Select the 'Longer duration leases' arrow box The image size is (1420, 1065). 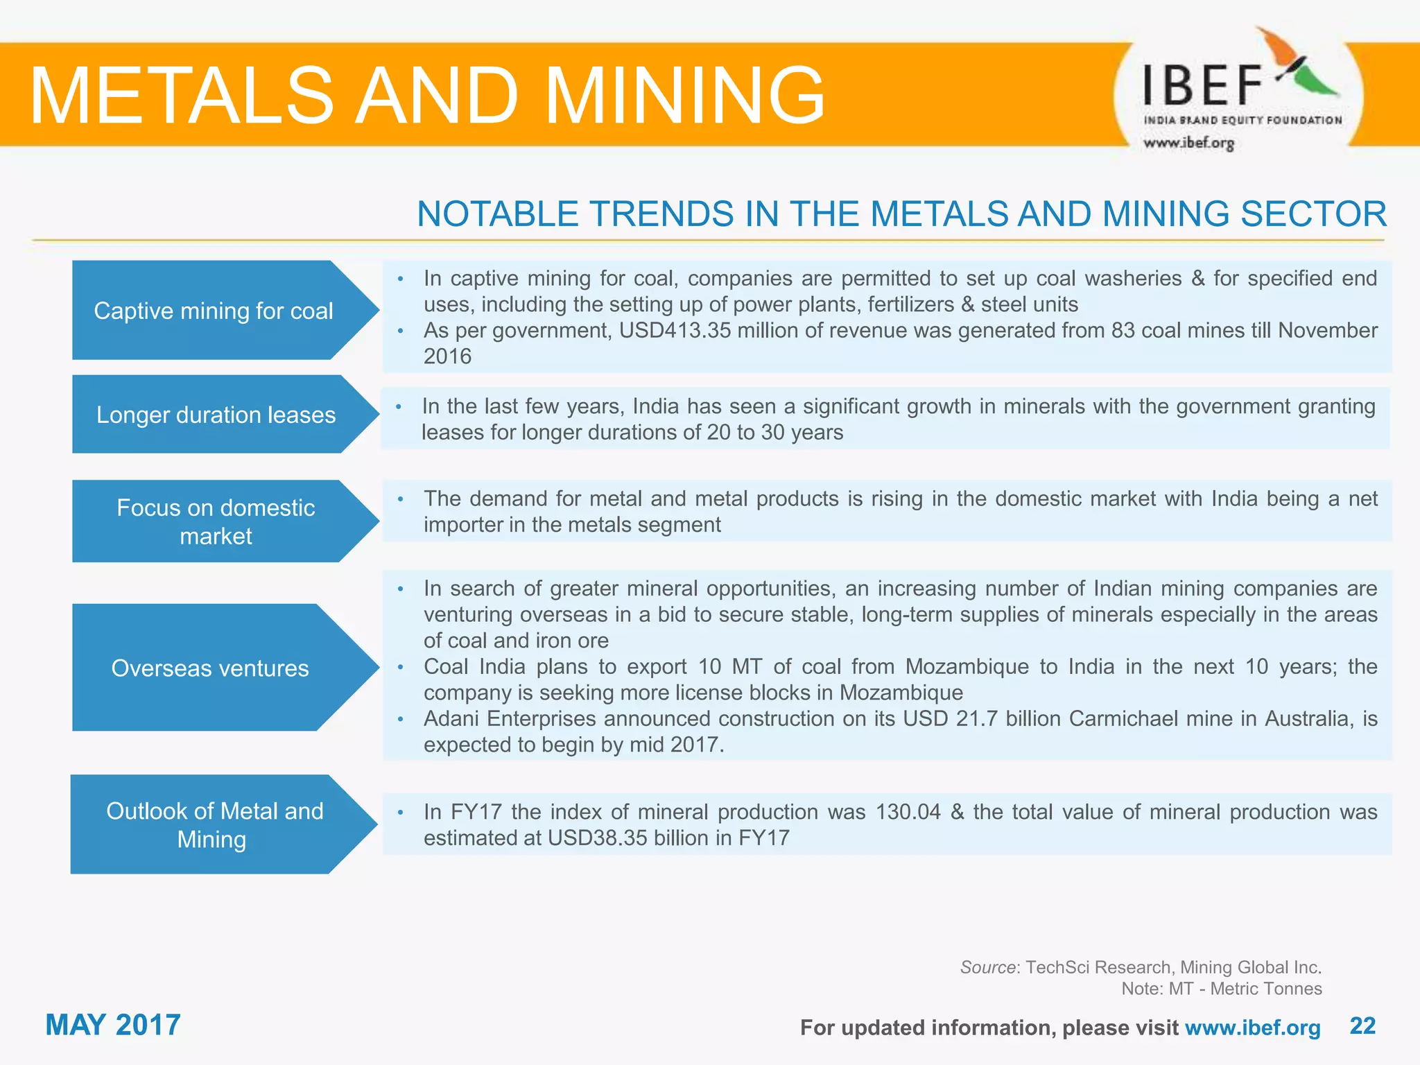(216, 415)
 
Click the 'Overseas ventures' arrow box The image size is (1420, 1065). (210, 668)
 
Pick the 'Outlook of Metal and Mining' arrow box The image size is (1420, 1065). (214, 824)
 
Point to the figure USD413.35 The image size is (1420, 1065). (675, 331)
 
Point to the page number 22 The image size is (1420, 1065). (1362, 1025)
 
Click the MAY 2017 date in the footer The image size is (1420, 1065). (113, 1025)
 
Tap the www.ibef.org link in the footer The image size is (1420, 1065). (1252, 1028)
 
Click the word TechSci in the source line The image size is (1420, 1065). (1058, 967)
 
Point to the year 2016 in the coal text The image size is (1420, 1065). (447, 356)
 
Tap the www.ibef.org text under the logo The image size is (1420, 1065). (1188, 143)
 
